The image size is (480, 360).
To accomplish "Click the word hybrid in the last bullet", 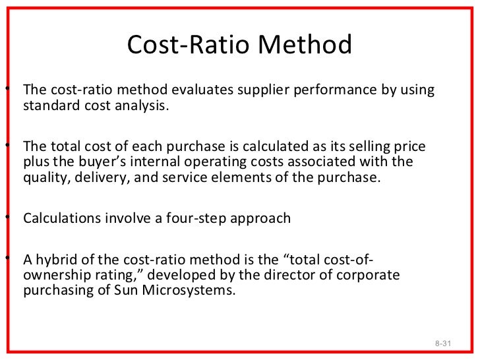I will (55, 260).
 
